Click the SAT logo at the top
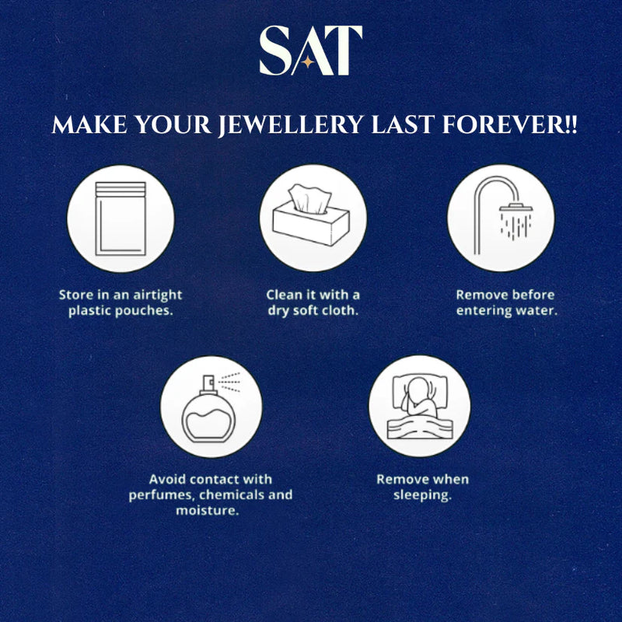[x=310, y=51]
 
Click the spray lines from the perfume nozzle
[x=231, y=381]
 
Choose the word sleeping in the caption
[x=422, y=495]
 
